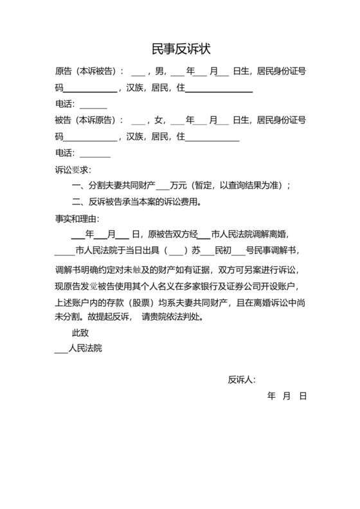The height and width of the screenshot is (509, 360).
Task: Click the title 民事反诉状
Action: [x=181, y=48]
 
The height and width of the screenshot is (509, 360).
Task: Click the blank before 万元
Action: [x=163, y=187]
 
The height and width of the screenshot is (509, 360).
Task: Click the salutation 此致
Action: [x=80, y=334]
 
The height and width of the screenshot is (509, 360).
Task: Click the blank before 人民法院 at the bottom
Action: [x=61, y=350]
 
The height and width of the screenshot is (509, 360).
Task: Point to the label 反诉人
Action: [x=242, y=380]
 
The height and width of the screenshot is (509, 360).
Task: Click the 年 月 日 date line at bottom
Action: [x=287, y=397]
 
